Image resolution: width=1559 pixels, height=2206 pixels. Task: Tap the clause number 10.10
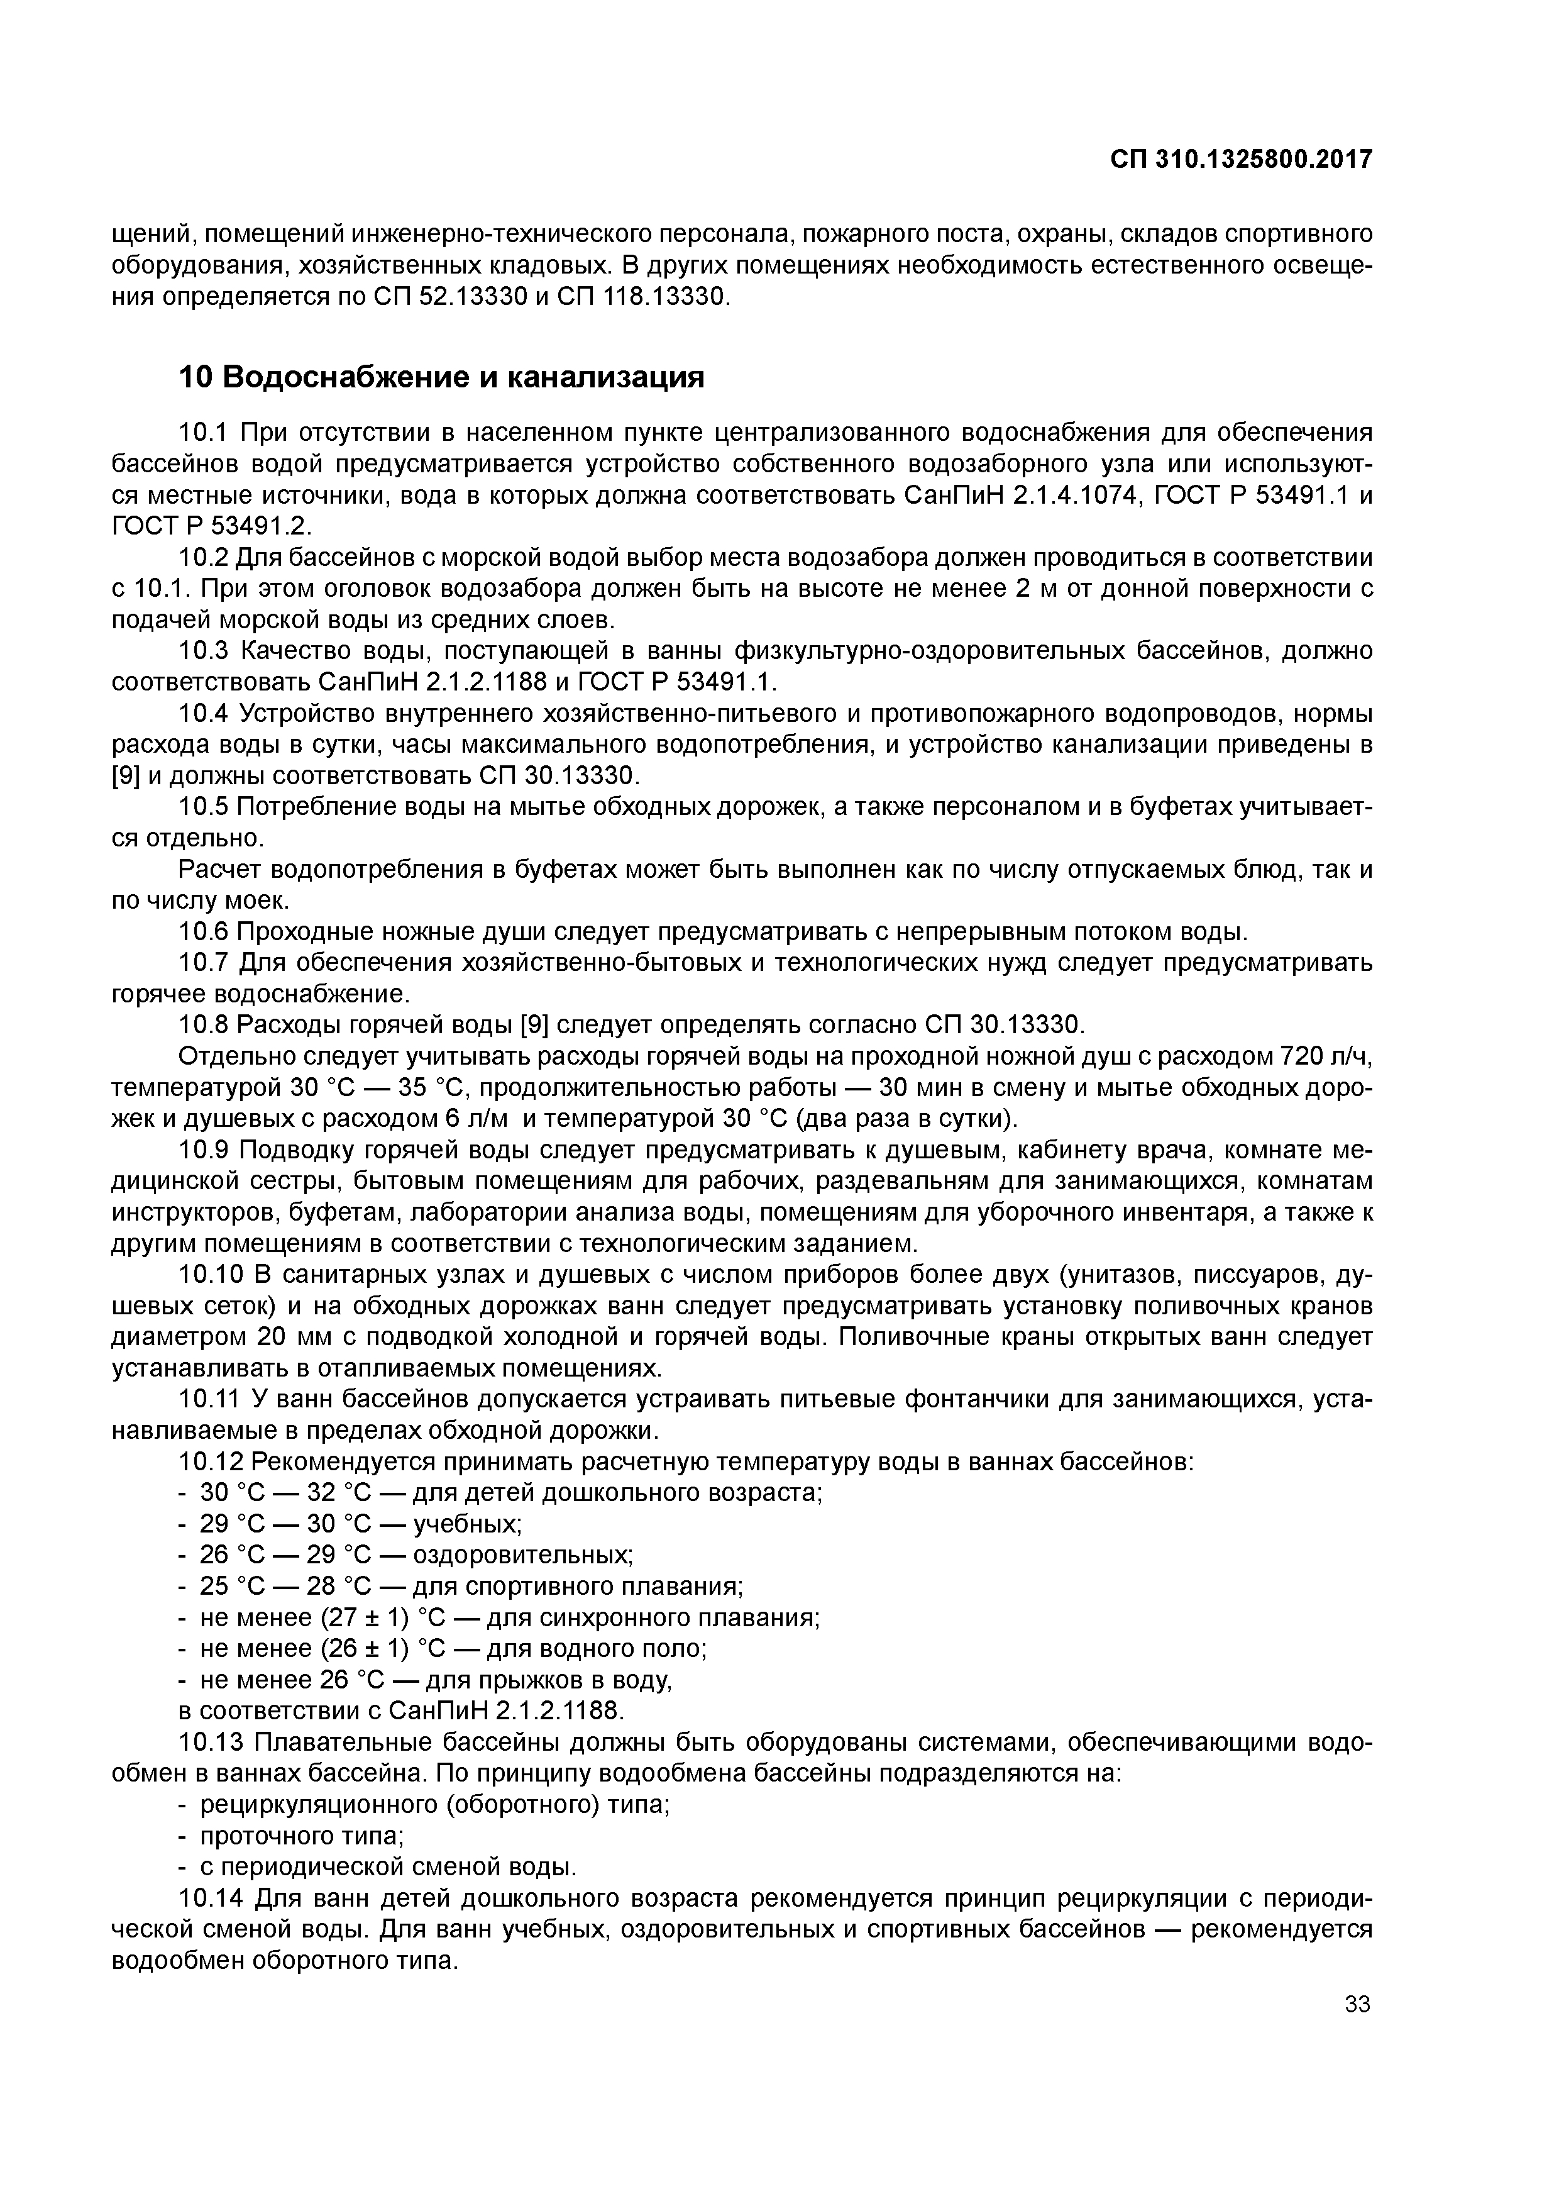point(212,1275)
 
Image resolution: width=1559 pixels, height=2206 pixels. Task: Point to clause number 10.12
point(212,1462)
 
